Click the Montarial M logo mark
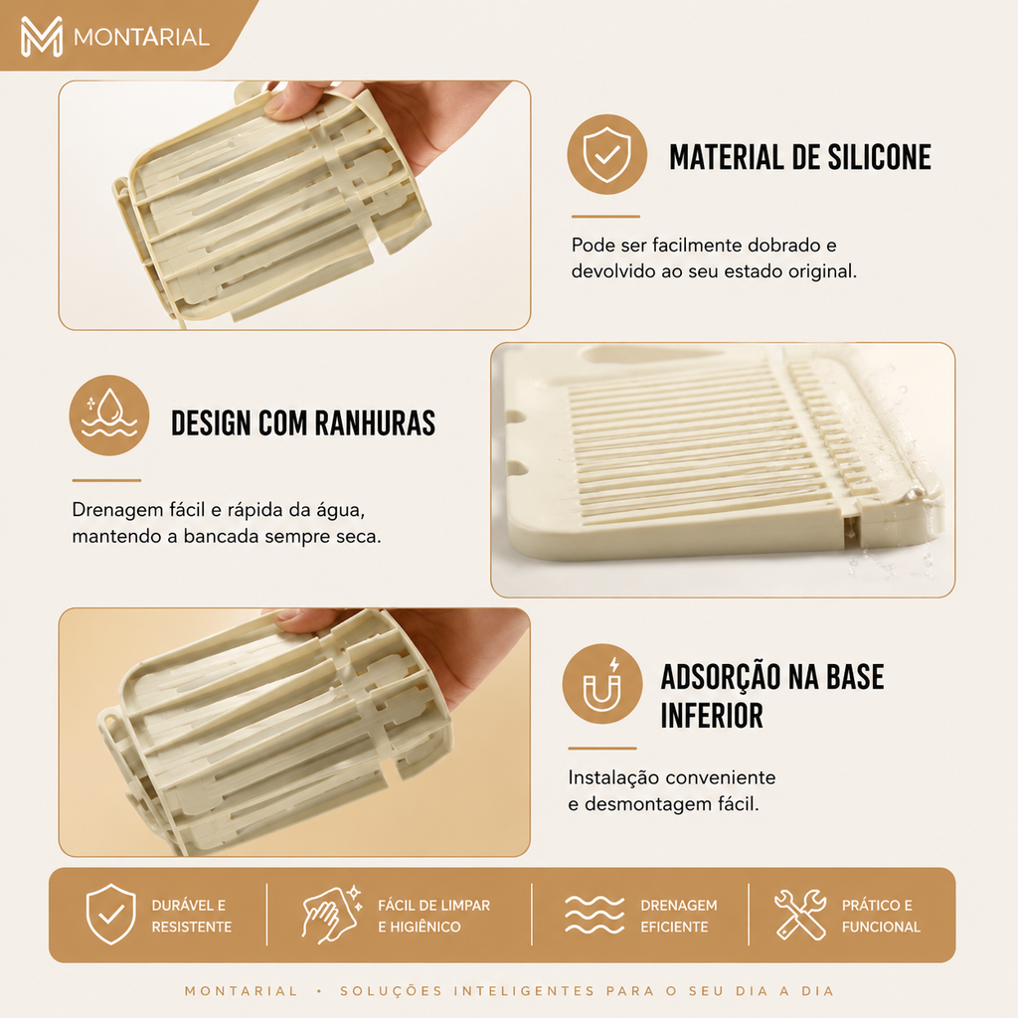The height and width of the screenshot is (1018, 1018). click(42, 37)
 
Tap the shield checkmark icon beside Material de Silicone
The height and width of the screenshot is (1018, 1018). click(606, 154)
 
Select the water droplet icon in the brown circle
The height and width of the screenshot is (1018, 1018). click(109, 415)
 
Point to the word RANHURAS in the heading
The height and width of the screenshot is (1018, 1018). click(375, 423)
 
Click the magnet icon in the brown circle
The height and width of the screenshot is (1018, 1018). click(602, 686)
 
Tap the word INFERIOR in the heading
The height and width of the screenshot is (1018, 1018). click(712, 716)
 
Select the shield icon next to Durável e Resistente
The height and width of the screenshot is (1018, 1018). click(111, 915)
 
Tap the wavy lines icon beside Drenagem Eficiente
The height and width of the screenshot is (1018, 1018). click(594, 915)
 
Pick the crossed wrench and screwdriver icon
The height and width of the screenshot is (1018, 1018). click(800, 915)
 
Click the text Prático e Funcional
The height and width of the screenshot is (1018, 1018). click(881, 916)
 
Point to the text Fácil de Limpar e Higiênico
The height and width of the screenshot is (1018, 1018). click(433, 916)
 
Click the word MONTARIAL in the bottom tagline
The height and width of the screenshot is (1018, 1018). click(241, 991)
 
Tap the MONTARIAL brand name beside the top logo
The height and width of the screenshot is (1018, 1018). click(141, 37)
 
